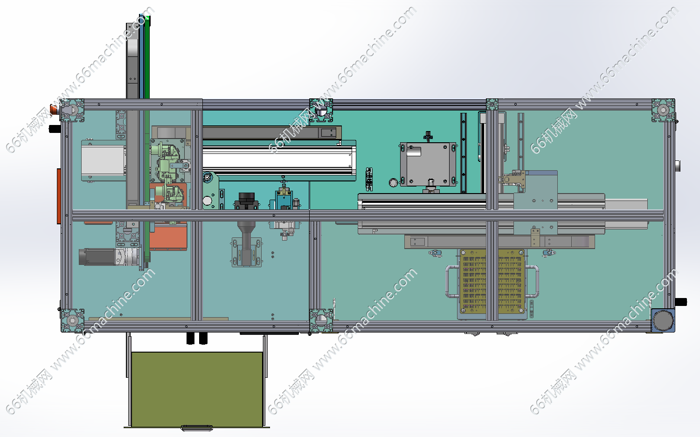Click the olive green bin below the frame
point(197,389)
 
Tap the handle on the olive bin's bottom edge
point(197,428)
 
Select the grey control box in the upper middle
point(428,165)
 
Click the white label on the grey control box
point(414,152)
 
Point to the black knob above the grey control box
point(428,136)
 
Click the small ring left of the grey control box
point(393,182)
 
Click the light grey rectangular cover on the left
point(103,160)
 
